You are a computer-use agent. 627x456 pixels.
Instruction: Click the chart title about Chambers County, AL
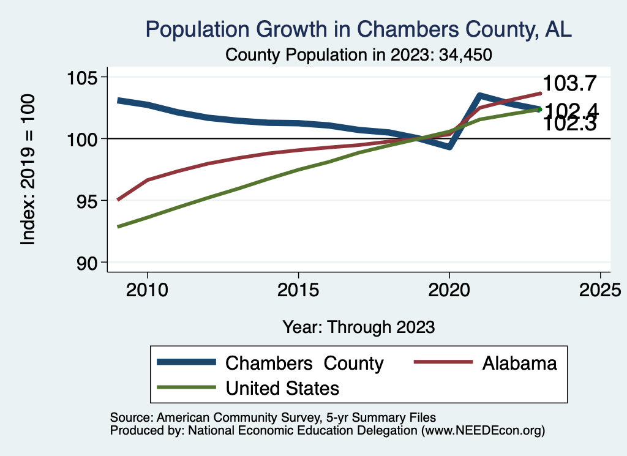tap(358, 29)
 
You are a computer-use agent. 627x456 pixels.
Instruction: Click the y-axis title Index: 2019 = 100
tap(28, 170)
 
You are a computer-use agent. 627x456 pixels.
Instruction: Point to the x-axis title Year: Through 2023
tap(358, 327)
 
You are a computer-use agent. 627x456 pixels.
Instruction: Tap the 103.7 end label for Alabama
tap(569, 84)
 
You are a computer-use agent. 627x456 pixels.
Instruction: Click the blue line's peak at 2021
tap(479, 95)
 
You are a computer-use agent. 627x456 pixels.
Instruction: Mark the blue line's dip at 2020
tap(449, 147)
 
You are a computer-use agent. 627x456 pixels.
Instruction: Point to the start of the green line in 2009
tap(118, 226)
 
